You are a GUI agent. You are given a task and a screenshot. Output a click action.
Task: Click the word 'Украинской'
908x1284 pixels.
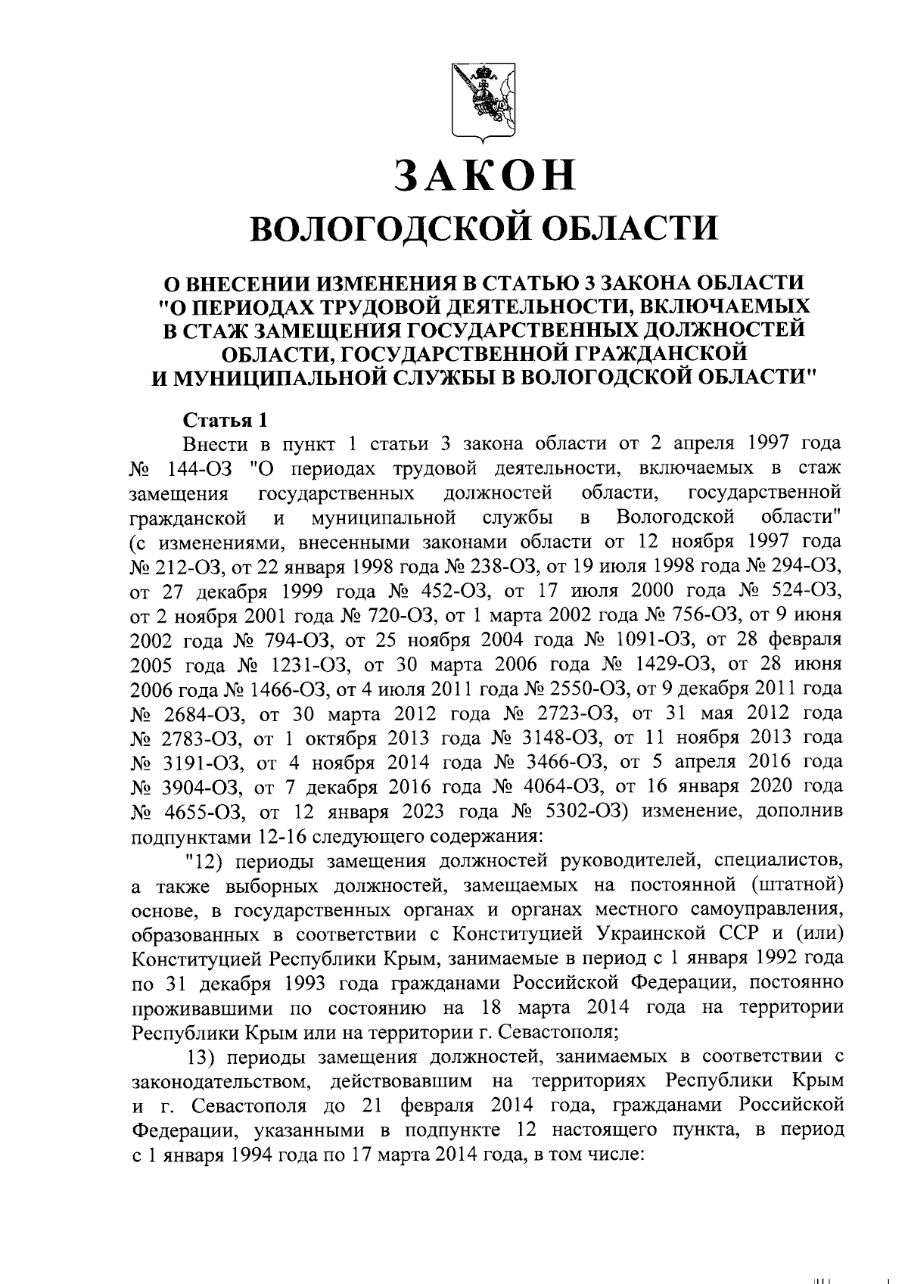pyautogui.click(x=654, y=931)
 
